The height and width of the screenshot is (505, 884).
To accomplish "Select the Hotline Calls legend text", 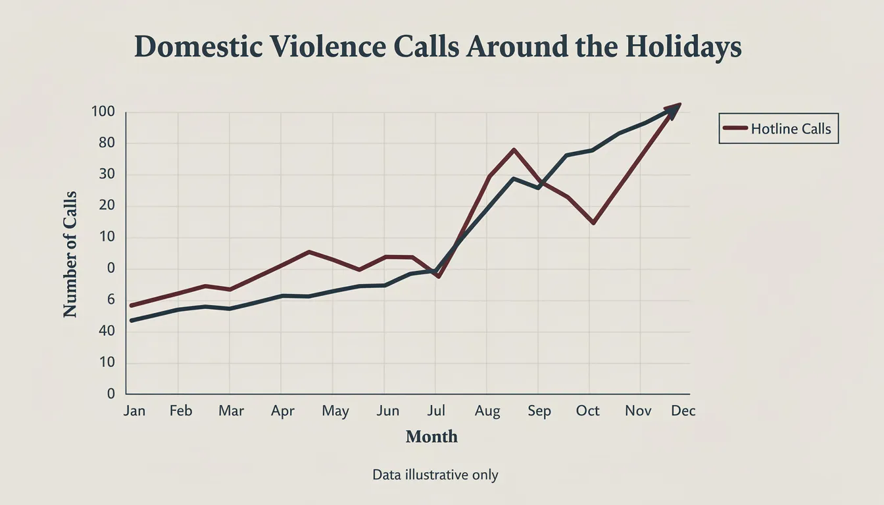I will (x=791, y=129).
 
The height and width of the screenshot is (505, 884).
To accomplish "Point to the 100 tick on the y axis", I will (x=103, y=112).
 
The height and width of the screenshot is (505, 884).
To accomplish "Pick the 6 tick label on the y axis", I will (x=110, y=300).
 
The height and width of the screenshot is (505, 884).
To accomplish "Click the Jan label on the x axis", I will (x=134, y=411).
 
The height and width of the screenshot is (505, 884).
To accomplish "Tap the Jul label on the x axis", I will (x=435, y=411).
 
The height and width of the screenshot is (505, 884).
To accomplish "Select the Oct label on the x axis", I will (x=587, y=411).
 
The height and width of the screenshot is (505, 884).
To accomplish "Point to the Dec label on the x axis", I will (x=683, y=411).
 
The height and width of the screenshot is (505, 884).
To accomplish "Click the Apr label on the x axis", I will (x=283, y=411).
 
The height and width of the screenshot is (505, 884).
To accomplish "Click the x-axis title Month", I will (x=431, y=437).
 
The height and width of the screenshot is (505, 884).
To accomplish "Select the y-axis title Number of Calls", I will (x=70, y=254).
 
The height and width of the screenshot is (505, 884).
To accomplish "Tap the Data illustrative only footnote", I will (x=435, y=475).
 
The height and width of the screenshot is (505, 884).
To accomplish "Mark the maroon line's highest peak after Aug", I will (x=514, y=149).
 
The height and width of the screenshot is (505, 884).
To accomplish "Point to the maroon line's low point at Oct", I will (x=593, y=224).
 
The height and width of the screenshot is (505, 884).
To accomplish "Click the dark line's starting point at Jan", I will (x=132, y=320).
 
